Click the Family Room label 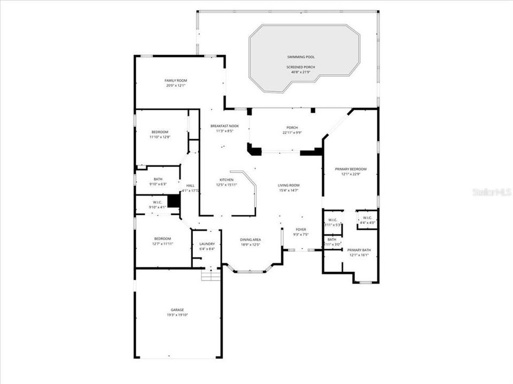click(176, 81)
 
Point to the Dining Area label click(250, 240)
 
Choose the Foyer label click(301, 229)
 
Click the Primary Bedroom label click(350, 169)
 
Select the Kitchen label click(227, 180)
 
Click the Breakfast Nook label click(224, 126)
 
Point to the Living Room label click(289, 185)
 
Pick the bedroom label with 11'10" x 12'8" click(160, 132)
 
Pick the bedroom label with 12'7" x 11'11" click(162, 238)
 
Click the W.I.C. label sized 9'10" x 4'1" click(158, 202)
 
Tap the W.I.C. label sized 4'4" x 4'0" click(367, 218)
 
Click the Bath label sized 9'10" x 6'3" click(158, 179)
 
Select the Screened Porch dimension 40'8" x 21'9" click(300, 71)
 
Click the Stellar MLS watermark click(492, 191)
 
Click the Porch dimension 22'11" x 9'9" click(292, 133)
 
